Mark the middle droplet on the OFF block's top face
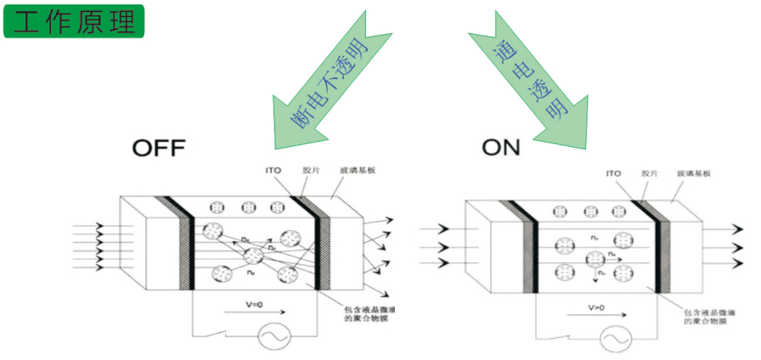point(249,206)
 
